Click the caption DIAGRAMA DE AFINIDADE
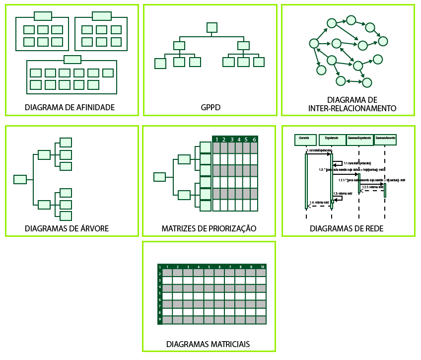(70, 107)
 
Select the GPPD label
(210, 107)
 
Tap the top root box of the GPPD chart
(212, 27)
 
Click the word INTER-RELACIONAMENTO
(352, 108)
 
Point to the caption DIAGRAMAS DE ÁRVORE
(67, 228)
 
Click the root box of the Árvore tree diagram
(20, 179)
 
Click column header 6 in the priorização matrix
(254, 140)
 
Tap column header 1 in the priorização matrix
(217, 140)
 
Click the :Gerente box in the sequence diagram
(305, 140)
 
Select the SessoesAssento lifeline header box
(385, 140)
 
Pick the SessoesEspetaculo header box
(359, 140)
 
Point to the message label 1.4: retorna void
(319, 203)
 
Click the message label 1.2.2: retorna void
(372, 187)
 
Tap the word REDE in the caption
(373, 228)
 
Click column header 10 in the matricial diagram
(262, 267)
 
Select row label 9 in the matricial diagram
(160, 319)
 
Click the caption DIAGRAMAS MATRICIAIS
(208, 344)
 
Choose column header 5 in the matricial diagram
(209, 267)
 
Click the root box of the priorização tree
(159, 177)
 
